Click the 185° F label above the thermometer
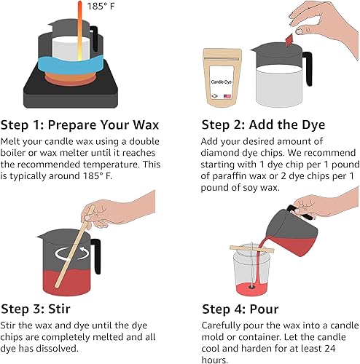click(101, 6)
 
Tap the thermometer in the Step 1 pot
click(79, 31)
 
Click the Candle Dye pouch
click(222, 77)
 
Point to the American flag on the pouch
click(227, 96)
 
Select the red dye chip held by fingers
click(289, 40)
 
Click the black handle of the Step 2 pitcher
click(308, 68)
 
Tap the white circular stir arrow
click(71, 253)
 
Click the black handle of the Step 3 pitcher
click(96, 256)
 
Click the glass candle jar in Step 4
click(251, 269)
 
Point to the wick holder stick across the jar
click(252, 249)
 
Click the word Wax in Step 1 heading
click(146, 124)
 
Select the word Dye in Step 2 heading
click(313, 125)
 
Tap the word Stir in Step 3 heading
click(59, 309)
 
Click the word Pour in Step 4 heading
click(264, 309)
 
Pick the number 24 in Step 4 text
click(329, 349)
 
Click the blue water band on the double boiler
click(71, 65)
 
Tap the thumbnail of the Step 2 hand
click(300, 31)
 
